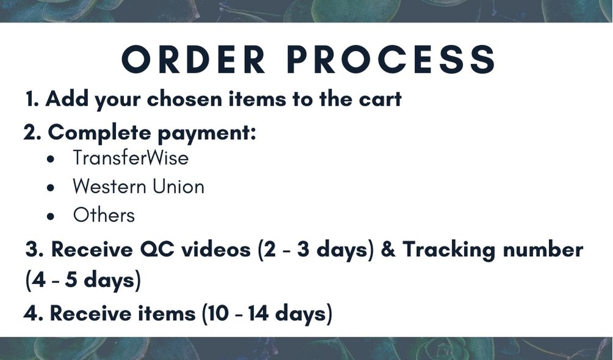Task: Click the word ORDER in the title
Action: [194, 59]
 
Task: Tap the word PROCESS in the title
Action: [391, 59]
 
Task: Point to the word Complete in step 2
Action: [100, 133]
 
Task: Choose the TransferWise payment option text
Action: [131, 158]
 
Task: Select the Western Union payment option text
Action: [139, 187]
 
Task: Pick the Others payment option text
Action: [104, 215]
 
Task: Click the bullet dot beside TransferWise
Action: [51, 159]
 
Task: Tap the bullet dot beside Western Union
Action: [51, 187]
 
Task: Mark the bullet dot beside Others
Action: [51, 216]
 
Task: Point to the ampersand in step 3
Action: [388, 249]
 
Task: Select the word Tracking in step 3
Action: [449, 250]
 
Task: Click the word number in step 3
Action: [543, 249]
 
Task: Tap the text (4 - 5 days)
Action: [83, 280]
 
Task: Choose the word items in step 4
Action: [167, 313]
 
